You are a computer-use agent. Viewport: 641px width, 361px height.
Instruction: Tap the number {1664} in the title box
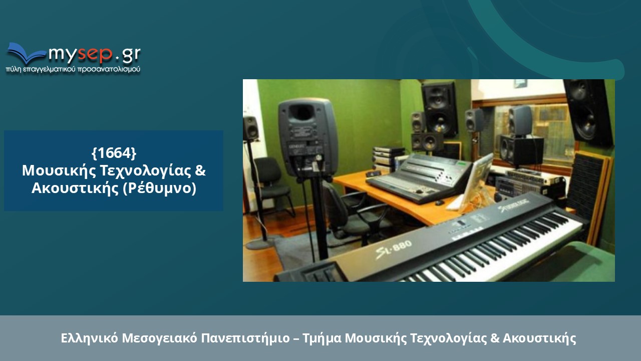click(x=114, y=153)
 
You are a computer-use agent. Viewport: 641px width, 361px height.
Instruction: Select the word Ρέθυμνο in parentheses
click(x=160, y=188)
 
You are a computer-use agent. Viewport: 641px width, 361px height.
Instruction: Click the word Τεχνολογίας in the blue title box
click(x=145, y=171)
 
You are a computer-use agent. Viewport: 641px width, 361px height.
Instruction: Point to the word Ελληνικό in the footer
click(x=89, y=338)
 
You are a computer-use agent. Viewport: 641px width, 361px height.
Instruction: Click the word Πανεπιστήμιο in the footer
click(x=245, y=338)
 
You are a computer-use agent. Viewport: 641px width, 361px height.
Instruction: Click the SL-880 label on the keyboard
click(x=394, y=249)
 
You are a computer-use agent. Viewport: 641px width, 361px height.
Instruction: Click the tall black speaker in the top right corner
click(x=588, y=112)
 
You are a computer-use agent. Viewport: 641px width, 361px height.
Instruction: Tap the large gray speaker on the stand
click(x=307, y=137)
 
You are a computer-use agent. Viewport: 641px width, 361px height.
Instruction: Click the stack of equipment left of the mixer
click(x=388, y=158)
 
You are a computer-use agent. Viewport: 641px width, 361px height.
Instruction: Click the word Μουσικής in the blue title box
click(x=59, y=171)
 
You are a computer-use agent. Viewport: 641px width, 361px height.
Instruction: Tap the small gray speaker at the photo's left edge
click(x=250, y=128)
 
